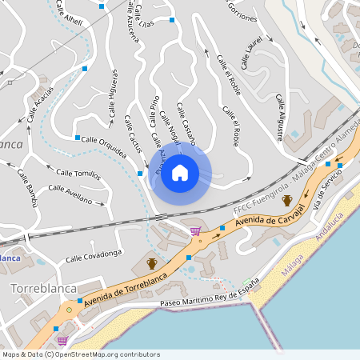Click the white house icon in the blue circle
pyautogui.click(x=180, y=173)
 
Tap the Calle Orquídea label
pyautogui.click(x=103, y=145)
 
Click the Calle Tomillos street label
pyautogui.click(x=78, y=173)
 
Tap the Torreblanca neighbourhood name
pyautogui.click(x=43, y=287)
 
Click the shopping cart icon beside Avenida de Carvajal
pyautogui.click(x=195, y=232)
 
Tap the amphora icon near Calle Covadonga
pyautogui.click(x=151, y=262)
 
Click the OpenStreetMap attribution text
pyautogui.click(x=81, y=354)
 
